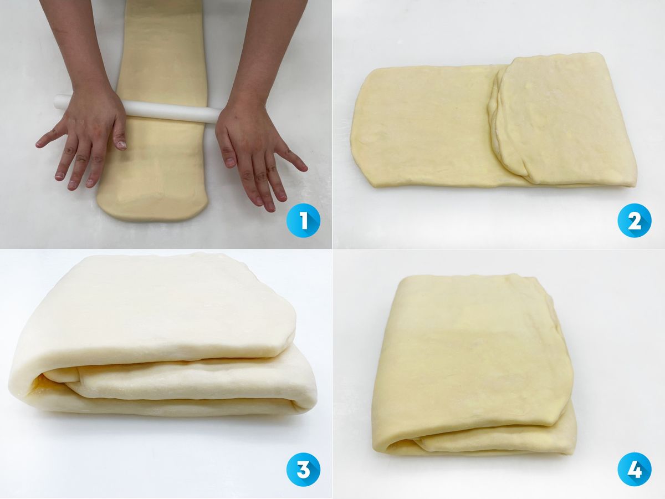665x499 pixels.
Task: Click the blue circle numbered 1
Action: (x=303, y=220)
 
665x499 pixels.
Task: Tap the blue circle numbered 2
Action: (x=635, y=220)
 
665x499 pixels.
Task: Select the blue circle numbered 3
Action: (x=303, y=469)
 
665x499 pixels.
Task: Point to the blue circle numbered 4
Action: (x=635, y=469)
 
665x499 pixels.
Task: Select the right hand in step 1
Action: (x=254, y=149)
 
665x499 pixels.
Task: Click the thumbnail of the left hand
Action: (x=122, y=145)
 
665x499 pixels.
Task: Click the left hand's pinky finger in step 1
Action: (x=48, y=139)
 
